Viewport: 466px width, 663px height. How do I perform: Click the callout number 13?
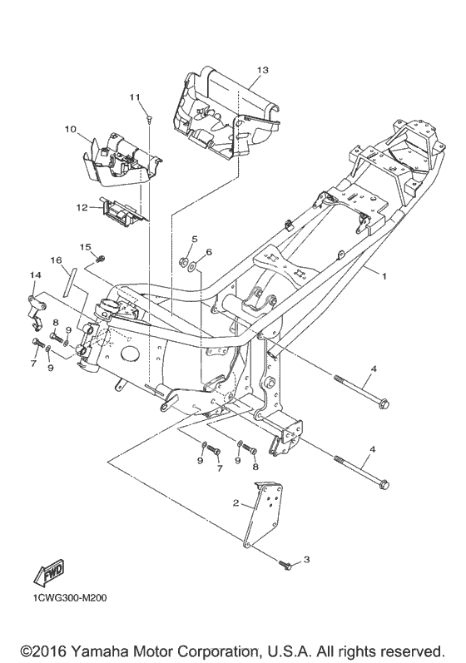pyautogui.click(x=262, y=70)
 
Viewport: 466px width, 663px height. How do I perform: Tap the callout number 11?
pyautogui.click(x=135, y=97)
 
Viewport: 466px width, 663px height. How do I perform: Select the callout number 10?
pyautogui.click(x=71, y=129)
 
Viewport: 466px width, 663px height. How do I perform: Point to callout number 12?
pyautogui.click(x=82, y=208)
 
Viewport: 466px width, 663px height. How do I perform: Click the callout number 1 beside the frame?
pyautogui.click(x=384, y=275)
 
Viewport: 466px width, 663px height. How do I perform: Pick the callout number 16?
pyautogui.click(x=57, y=260)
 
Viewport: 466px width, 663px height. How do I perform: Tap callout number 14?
pyautogui.click(x=36, y=275)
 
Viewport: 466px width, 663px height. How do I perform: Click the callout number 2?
pyautogui.click(x=236, y=502)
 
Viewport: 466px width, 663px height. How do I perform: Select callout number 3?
pyautogui.click(x=306, y=559)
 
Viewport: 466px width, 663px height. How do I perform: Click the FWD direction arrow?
pyautogui.click(x=48, y=574)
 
